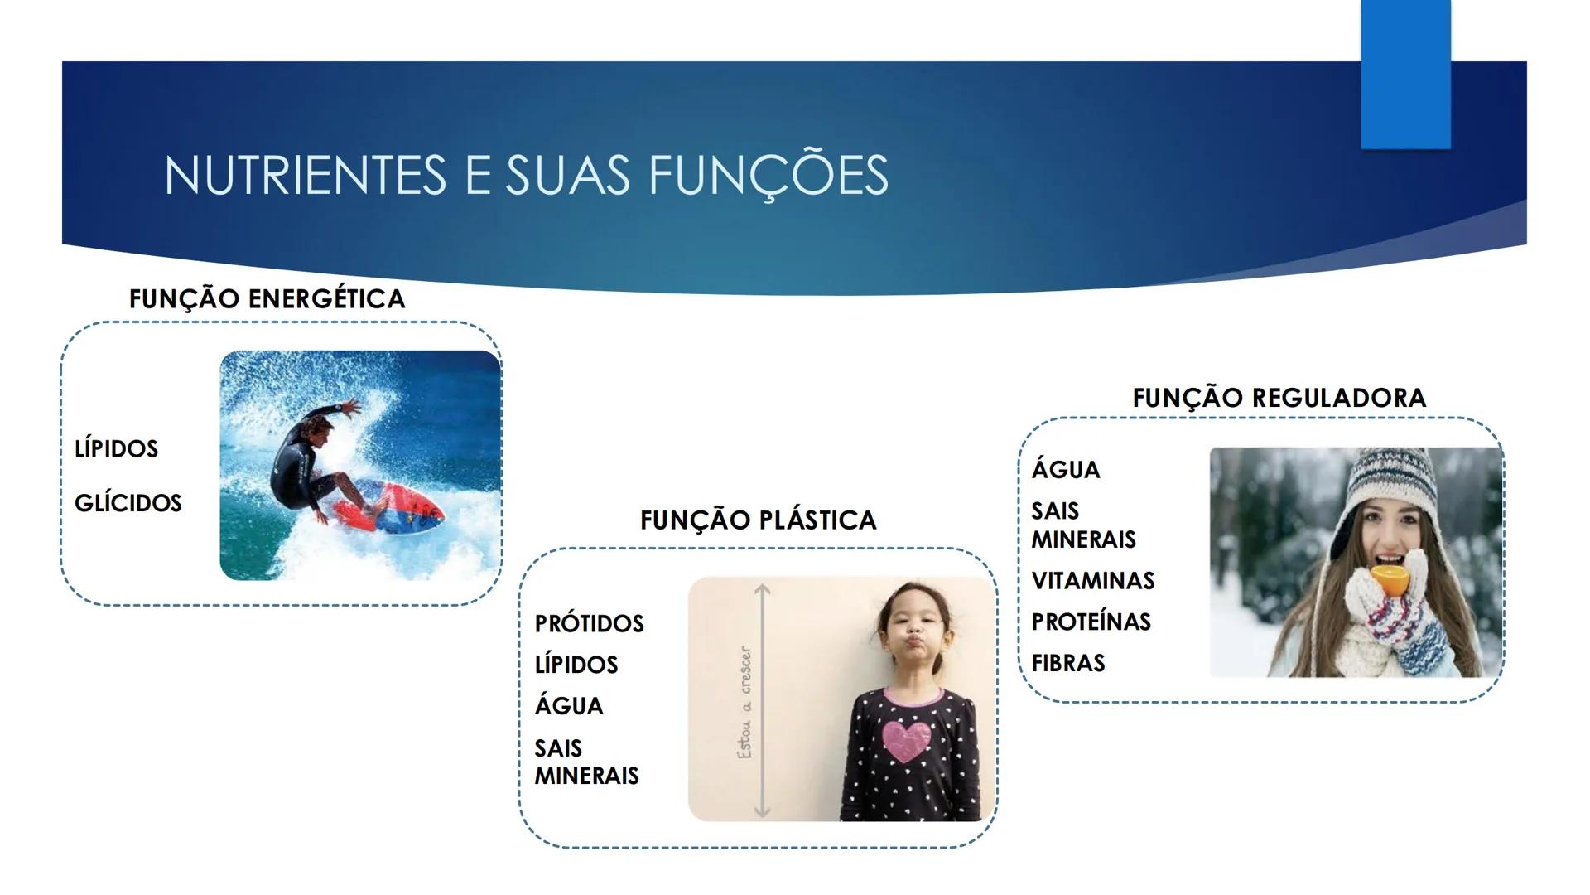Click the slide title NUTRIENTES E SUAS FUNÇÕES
click(526, 175)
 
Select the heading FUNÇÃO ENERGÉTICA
click(267, 298)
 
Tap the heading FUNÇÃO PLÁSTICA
click(758, 520)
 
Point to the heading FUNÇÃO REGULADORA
click(1279, 398)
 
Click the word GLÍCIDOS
click(128, 503)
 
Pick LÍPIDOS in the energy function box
click(116, 448)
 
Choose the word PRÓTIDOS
click(589, 623)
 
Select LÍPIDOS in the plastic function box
click(576, 665)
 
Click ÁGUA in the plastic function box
click(569, 706)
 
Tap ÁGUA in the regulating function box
click(1066, 470)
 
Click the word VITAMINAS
click(1092, 581)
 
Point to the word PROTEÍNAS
click(1091, 622)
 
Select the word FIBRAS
click(1068, 663)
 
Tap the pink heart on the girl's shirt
click(909, 740)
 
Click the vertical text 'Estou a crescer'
click(745, 702)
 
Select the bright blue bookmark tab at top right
click(1405, 75)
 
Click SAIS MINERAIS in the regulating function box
click(1083, 525)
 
